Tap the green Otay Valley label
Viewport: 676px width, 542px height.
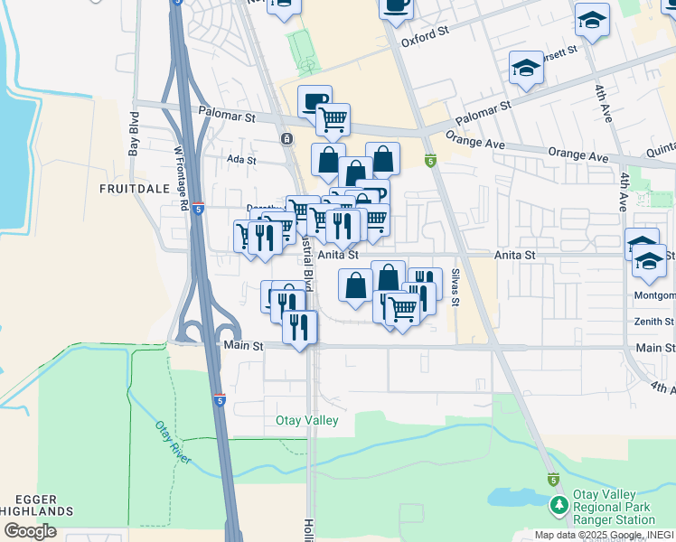coord(307,421)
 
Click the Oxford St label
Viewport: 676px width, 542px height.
coord(425,39)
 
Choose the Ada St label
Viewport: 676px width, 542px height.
coord(242,160)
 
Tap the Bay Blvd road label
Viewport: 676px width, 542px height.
coord(134,134)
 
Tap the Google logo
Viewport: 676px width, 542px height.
coord(30,531)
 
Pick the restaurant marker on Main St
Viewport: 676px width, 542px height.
coord(299,326)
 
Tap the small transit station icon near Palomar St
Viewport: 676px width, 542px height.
coord(286,138)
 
